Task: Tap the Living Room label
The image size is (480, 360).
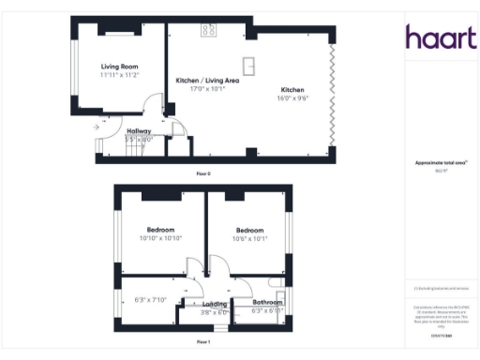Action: pos(120,67)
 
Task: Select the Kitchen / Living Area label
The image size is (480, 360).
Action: pos(207,81)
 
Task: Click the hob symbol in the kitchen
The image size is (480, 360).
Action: pos(208,31)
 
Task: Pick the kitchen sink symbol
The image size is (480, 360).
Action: pos(251,65)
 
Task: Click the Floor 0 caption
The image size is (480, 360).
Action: pos(203,173)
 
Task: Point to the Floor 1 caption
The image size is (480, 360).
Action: pos(203,342)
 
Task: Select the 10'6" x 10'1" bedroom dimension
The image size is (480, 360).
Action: pos(249,238)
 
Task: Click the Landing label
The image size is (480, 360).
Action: pos(216,305)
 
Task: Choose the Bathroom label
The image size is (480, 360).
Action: pos(267,303)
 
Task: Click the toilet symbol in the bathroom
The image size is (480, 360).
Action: pos(276,282)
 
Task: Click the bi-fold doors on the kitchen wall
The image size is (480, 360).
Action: pos(330,94)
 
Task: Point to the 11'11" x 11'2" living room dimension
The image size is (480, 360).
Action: pos(120,75)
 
